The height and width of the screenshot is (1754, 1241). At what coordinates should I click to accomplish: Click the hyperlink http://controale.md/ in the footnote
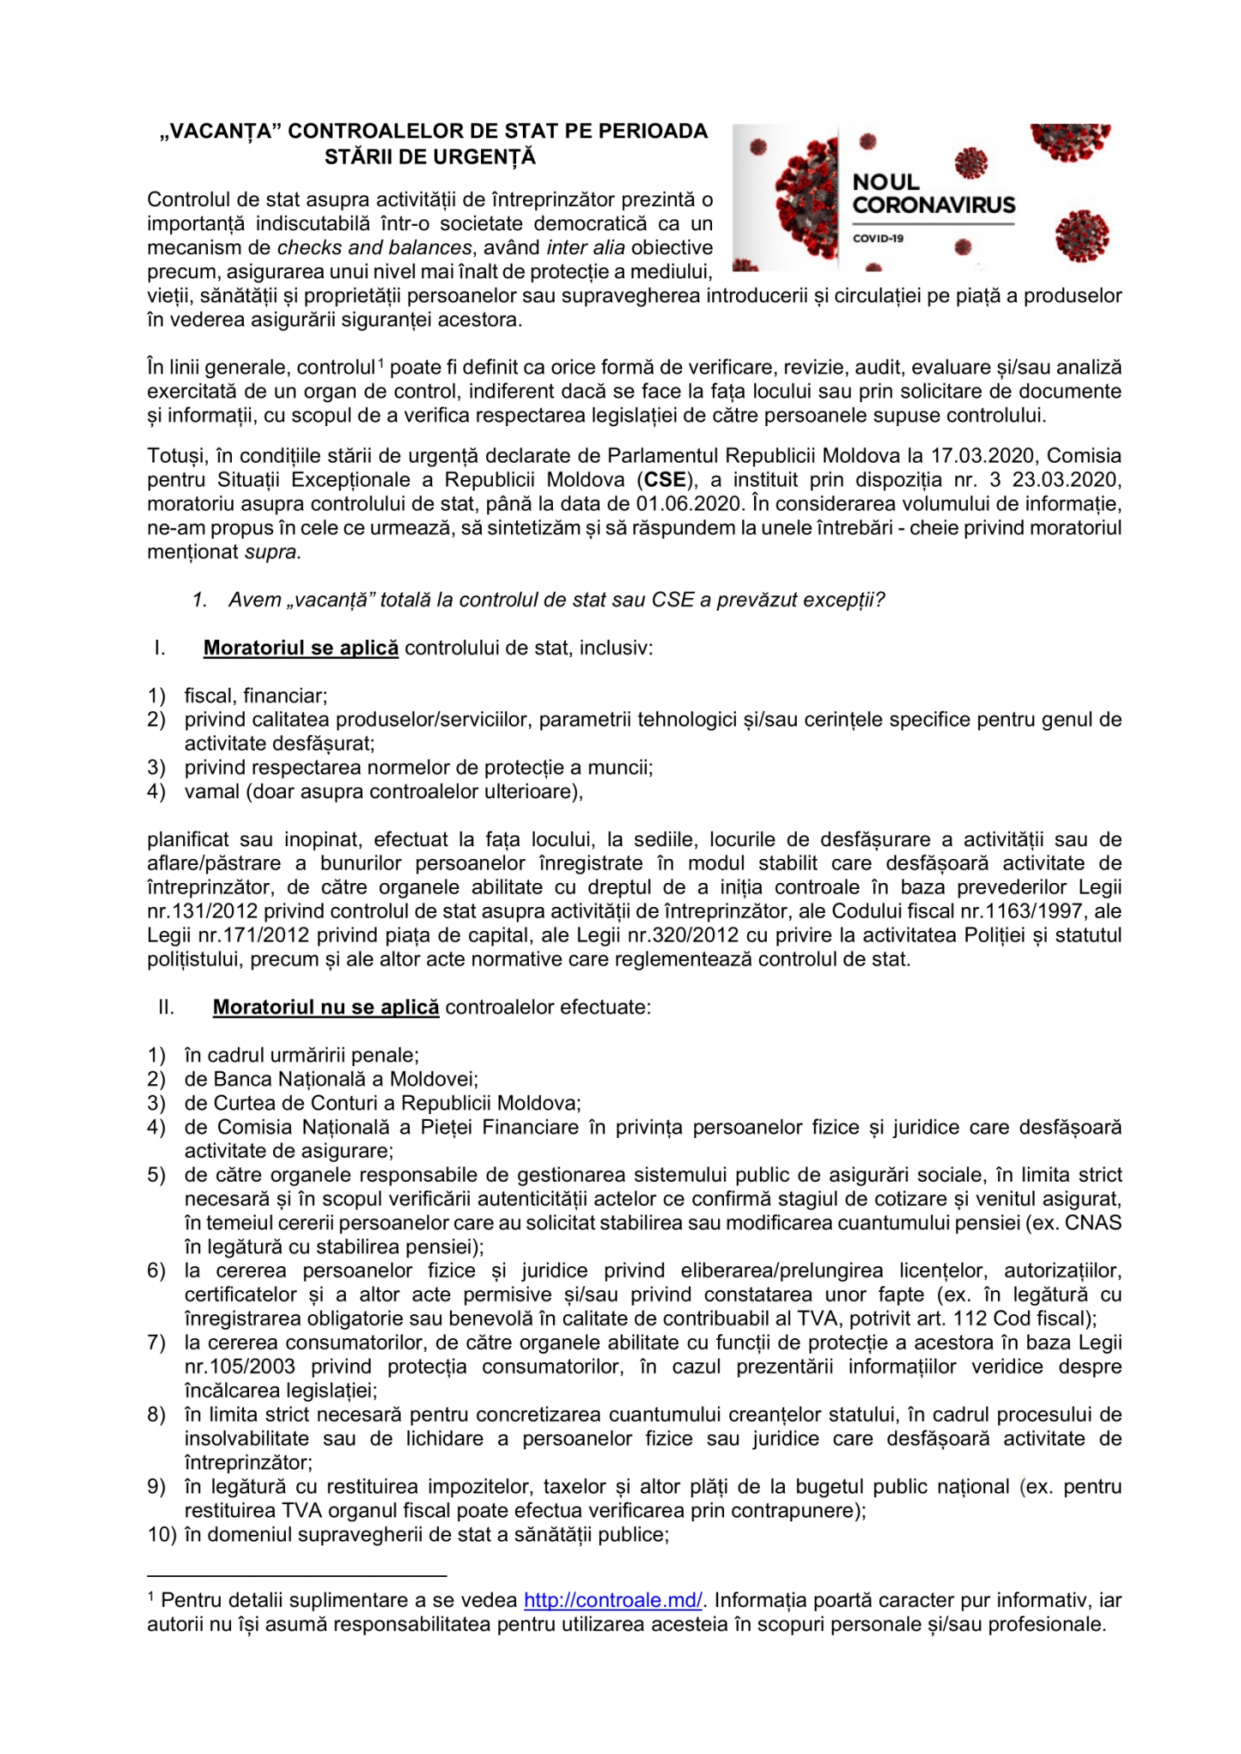pos(613,1600)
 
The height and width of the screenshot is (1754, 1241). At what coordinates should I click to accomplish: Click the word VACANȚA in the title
pos(222,132)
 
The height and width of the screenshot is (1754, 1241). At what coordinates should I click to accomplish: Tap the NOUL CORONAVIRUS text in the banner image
pos(933,193)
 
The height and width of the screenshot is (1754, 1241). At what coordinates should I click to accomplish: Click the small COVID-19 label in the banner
pos(878,238)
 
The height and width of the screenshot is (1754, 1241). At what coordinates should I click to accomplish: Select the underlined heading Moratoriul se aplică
pos(300,648)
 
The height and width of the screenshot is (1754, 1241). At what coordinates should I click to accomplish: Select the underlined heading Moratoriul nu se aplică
pos(325,1007)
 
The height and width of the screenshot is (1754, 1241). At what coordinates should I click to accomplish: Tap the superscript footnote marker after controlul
pos(381,363)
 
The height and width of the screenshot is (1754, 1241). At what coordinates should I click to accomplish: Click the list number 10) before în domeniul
pos(162,1534)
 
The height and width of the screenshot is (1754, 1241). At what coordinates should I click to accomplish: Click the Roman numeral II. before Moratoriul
pos(166,1007)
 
